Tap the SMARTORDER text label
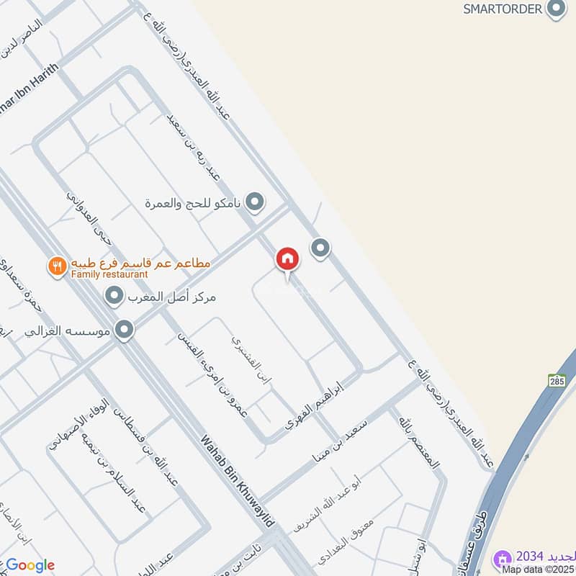(x=502, y=9)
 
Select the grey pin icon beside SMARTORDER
(x=555, y=9)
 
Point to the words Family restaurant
(x=109, y=274)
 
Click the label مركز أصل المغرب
(x=173, y=296)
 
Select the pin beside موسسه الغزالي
(x=125, y=330)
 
